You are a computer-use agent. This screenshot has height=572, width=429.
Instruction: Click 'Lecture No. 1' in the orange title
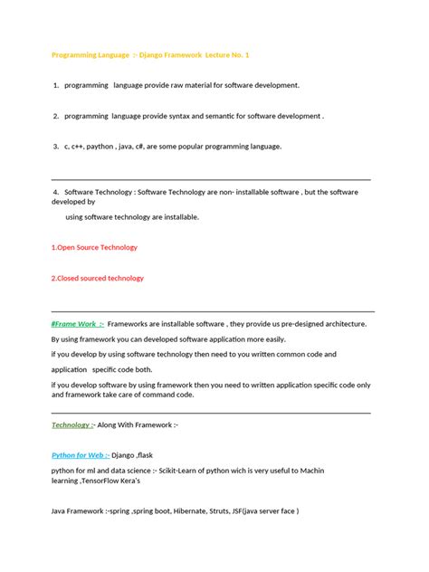pos(224,55)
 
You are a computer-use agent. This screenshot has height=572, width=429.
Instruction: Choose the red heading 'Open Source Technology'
pos(96,247)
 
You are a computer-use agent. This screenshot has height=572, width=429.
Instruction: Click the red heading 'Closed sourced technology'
pos(99,278)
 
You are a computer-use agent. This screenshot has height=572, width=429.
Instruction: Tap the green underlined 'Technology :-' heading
pos(73,424)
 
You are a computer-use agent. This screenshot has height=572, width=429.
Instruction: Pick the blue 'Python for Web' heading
pos(81,455)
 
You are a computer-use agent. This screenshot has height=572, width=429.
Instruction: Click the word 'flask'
pos(147,455)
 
